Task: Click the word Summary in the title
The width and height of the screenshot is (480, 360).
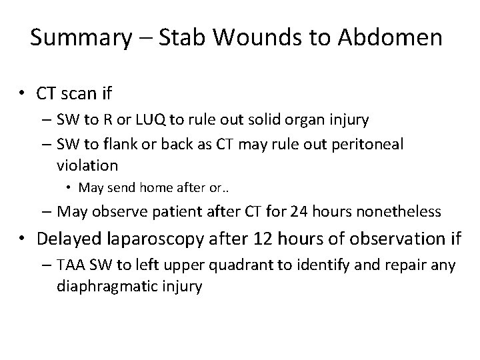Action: point(81,38)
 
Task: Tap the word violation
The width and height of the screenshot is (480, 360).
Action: point(88,164)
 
